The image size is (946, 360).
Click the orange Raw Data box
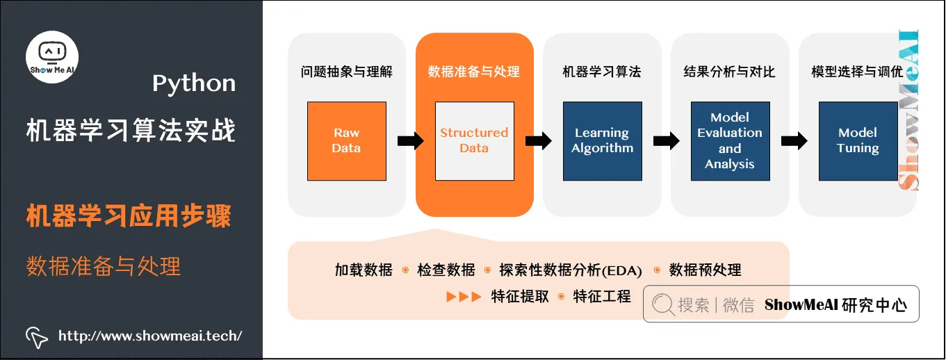pyautogui.click(x=346, y=141)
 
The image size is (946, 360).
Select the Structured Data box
pyautogui.click(x=474, y=141)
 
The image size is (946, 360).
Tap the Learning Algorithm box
pyautogui.click(x=602, y=141)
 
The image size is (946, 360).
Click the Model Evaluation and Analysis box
pyautogui.click(x=730, y=141)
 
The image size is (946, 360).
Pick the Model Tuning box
pyautogui.click(x=858, y=141)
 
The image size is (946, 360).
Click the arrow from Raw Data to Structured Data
pyautogui.click(x=411, y=141)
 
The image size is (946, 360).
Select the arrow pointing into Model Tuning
pyautogui.click(x=794, y=141)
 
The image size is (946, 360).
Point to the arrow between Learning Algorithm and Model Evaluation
pyautogui.click(x=667, y=141)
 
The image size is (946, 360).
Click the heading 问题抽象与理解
pyautogui.click(x=346, y=72)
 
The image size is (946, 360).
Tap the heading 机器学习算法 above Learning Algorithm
pyautogui.click(x=602, y=72)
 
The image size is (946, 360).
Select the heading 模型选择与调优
pyautogui.click(x=858, y=72)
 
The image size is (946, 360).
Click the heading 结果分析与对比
pyautogui.click(x=730, y=72)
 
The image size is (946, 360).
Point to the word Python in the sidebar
pyautogui.click(x=194, y=84)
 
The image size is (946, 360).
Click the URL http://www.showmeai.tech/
pyautogui.click(x=150, y=336)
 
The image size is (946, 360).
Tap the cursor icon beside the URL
pyautogui.click(x=36, y=337)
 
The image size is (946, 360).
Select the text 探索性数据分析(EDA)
pyautogui.click(x=571, y=270)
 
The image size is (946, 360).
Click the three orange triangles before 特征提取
pyautogui.click(x=464, y=297)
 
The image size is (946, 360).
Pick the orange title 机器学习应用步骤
pyautogui.click(x=129, y=217)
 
